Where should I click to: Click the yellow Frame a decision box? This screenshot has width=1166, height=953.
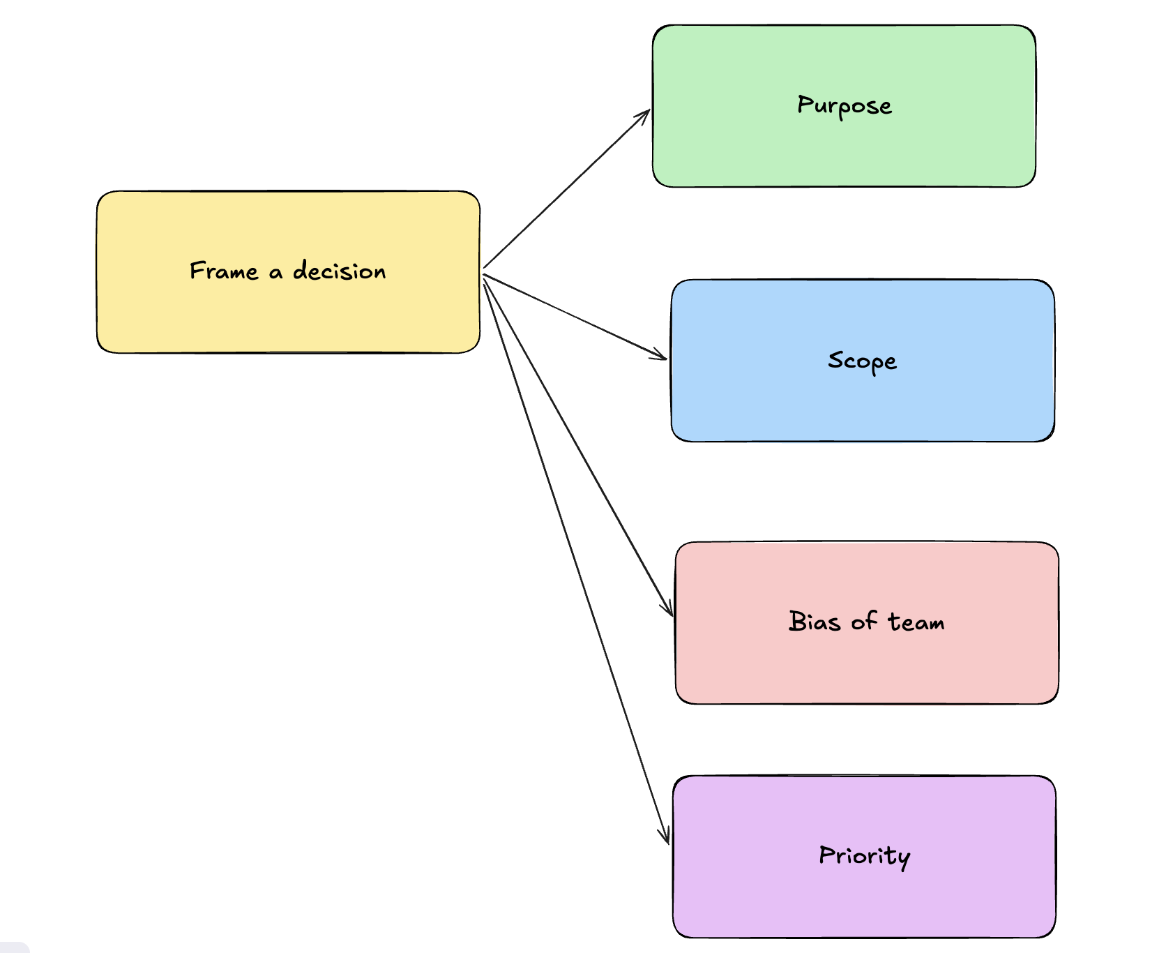click(x=288, y=272)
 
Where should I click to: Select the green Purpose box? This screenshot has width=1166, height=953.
click(x=844, y=106)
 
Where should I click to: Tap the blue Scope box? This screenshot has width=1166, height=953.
click(x=863, y=361)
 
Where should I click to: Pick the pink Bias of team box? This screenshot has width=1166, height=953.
click(x=867, y=623)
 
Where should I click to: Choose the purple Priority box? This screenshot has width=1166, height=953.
click(x=864, y=857)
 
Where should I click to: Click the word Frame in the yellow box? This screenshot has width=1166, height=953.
click(x=224, y=271)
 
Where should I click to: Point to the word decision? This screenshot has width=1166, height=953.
click(x=340, y=271)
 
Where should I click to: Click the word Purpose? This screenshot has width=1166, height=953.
click(x=845, y=106)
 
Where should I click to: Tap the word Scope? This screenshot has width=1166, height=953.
click(x=863, y=361)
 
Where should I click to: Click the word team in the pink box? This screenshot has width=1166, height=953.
click(x=916, y=622)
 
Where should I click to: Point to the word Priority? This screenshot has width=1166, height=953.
click(x=865, y=856)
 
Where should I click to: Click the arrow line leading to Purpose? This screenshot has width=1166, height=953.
click(x=567, y=189)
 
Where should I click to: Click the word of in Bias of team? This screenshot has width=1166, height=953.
click(x=864, y=621)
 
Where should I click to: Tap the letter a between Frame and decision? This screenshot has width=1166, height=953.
click(x=276, y=273)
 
